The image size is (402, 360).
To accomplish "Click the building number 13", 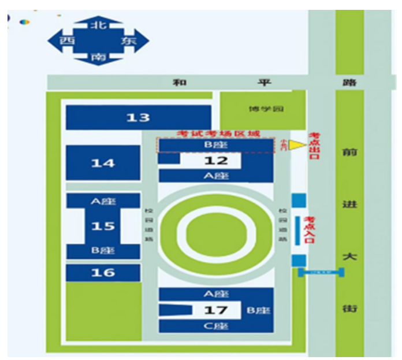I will click(138, 118).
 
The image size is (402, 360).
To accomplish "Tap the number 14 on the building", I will click(103, 164).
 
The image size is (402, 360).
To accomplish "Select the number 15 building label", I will click(103, 226).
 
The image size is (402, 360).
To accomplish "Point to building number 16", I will click(103, 272).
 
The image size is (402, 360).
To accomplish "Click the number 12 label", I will click(215, 161).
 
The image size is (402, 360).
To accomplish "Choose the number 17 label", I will click(215, 311).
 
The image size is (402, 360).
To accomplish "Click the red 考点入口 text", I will click(310, 231).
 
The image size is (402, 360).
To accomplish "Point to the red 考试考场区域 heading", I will click(218, 133).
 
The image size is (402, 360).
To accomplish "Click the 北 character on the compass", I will click(98, 24).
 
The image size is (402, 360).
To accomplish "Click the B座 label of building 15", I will click(103, 251).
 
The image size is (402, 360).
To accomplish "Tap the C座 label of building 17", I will click(215, 326).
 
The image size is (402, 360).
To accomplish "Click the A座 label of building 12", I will click(215, 176).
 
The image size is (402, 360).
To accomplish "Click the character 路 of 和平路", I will click(349, 83).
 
